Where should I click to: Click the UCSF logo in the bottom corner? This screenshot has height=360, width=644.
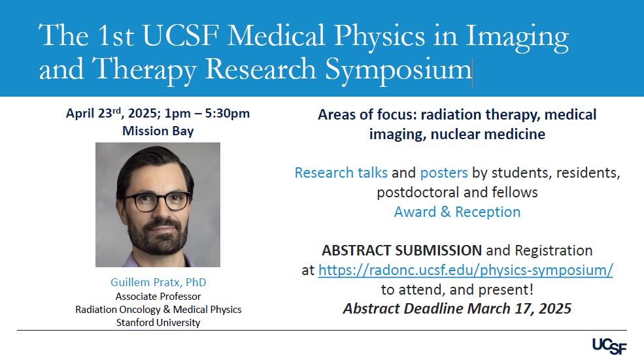(609, 346)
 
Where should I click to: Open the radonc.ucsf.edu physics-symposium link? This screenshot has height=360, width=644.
(466, 270)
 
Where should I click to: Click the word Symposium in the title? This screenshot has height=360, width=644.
(398, 69)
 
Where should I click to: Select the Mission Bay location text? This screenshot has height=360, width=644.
(158, 131)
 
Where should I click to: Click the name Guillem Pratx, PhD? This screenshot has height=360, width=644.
(158, 282)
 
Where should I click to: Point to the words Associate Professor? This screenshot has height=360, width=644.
(158, 297)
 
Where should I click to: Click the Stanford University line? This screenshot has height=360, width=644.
(158, 323)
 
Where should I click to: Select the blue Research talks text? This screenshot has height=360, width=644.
(341, 173)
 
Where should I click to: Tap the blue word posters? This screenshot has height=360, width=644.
(444, 173)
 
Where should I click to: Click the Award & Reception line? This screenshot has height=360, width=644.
(457, 212)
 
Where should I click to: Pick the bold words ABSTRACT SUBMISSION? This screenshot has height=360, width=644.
(401, 250)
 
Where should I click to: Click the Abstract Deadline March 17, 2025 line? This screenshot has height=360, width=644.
(457, 308)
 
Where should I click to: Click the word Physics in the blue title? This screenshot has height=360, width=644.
(379, 36)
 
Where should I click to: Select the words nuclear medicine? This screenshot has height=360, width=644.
(488, 134)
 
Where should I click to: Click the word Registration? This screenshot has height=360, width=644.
(554, 250)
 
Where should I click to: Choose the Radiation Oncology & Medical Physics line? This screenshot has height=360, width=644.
(158, 310)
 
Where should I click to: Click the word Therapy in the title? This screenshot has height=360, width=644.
(144, 69)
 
